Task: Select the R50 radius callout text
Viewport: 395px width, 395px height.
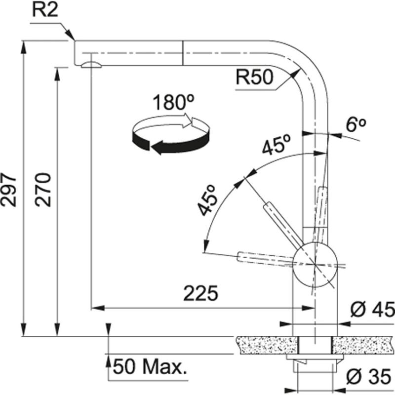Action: click(254, 78)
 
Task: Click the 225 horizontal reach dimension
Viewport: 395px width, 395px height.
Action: click(200, 294)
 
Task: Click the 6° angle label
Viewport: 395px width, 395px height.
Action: click(355, 125)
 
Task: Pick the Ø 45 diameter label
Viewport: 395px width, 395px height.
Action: click(372, 310)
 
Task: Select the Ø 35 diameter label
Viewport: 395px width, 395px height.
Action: click(372, 378)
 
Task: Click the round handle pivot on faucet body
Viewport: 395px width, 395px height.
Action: click(315, 264)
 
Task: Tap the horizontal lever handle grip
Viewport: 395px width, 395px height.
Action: click(257, 257)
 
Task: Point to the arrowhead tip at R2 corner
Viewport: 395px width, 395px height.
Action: click(74, 39)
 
